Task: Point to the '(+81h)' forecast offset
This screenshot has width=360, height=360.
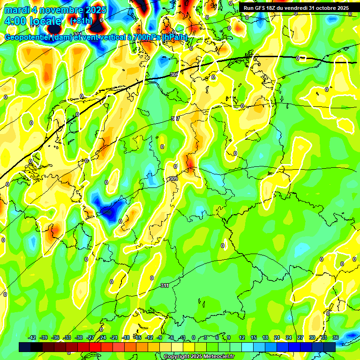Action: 81,21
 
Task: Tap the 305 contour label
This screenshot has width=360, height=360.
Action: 174,75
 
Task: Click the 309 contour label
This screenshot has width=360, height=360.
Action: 173,179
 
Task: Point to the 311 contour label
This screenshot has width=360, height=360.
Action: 165,285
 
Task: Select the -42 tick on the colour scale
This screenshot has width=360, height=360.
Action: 32,337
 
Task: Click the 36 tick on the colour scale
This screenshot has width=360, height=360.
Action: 336,337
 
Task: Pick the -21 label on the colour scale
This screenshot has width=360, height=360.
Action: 114,337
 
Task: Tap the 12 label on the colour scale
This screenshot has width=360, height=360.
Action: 241,337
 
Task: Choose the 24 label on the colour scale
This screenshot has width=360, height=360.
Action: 288,337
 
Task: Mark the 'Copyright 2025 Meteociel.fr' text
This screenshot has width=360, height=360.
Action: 198,356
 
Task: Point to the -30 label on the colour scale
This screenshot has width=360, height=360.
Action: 79,337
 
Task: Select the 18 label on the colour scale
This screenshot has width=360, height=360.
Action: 265,337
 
